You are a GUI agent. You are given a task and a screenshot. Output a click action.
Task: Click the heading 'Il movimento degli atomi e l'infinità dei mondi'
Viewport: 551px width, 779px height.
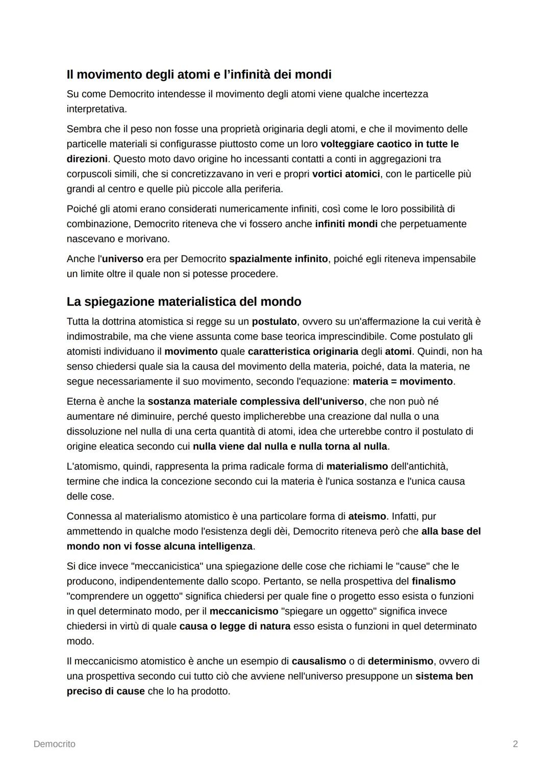tap(199, 74)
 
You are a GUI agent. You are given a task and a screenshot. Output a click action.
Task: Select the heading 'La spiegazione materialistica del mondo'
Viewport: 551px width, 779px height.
tap(184, 302)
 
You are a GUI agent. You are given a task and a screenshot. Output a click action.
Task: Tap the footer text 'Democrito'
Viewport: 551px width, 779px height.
tap(54, 744)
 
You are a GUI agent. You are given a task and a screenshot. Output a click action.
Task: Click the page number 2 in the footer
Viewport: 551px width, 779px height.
tap(515, 744)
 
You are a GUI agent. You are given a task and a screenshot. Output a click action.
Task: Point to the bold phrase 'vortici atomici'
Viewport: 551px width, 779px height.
tap(346, 174)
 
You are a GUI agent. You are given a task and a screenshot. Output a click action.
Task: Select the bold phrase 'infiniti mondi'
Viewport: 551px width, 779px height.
tap(346, 224)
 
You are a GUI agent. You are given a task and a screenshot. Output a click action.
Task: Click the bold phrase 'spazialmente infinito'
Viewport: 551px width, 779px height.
tap(278, 259)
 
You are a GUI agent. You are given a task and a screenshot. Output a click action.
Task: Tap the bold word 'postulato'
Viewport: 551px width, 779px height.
tap(274, 322)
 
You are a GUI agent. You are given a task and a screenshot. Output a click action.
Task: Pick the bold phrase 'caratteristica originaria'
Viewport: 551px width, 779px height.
tap(303, 352)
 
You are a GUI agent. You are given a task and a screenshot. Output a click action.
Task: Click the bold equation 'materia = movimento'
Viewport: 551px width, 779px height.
tap(403, 381)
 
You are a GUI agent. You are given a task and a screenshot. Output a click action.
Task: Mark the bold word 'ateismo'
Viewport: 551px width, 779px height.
tap(367, 516)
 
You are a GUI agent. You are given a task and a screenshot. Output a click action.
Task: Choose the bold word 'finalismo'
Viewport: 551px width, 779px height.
tap(434, 581)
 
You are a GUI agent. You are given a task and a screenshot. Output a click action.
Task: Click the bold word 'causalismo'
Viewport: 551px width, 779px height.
tap(319, 661)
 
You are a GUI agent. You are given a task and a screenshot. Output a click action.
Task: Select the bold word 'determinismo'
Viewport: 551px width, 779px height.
tap(400, 661)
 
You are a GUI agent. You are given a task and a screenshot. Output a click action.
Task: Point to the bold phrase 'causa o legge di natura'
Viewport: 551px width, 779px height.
tap(235, 626)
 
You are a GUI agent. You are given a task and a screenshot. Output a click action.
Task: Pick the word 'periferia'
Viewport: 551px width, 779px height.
tap(261, 189)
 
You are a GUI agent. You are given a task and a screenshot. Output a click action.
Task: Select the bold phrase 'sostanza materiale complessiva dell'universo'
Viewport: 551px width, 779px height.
tap(256, 402)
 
